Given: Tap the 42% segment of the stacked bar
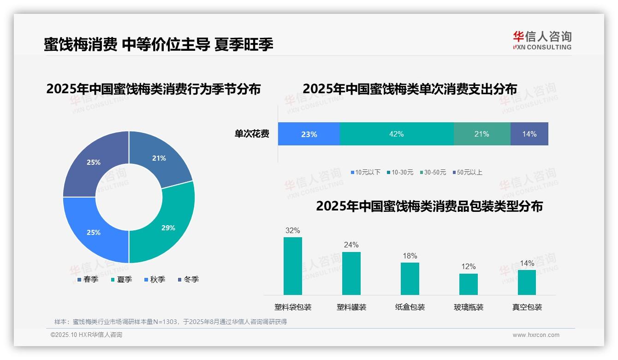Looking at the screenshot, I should [x=397, y=134].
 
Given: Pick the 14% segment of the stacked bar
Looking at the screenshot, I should [x=529, y=134].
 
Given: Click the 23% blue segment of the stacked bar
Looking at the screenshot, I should [x=309, y=134].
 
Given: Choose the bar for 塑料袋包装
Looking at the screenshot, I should [x=293, y=266].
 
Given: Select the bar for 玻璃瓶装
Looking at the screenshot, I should [x=469, y=284].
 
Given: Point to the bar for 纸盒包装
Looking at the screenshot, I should [x=410, y=278].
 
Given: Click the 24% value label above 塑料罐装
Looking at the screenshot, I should [x=351, y=245].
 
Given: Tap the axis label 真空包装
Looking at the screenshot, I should [x=527, y=307].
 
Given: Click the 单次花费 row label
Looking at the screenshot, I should [x=252, y=134].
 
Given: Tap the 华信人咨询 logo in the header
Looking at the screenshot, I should [x=542, y=40].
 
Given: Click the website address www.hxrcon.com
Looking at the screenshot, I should [x=536, y=335].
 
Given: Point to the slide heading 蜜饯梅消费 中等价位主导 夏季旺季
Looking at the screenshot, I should [x=159, y=44].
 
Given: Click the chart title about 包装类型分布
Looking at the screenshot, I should [x=429, y=206].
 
